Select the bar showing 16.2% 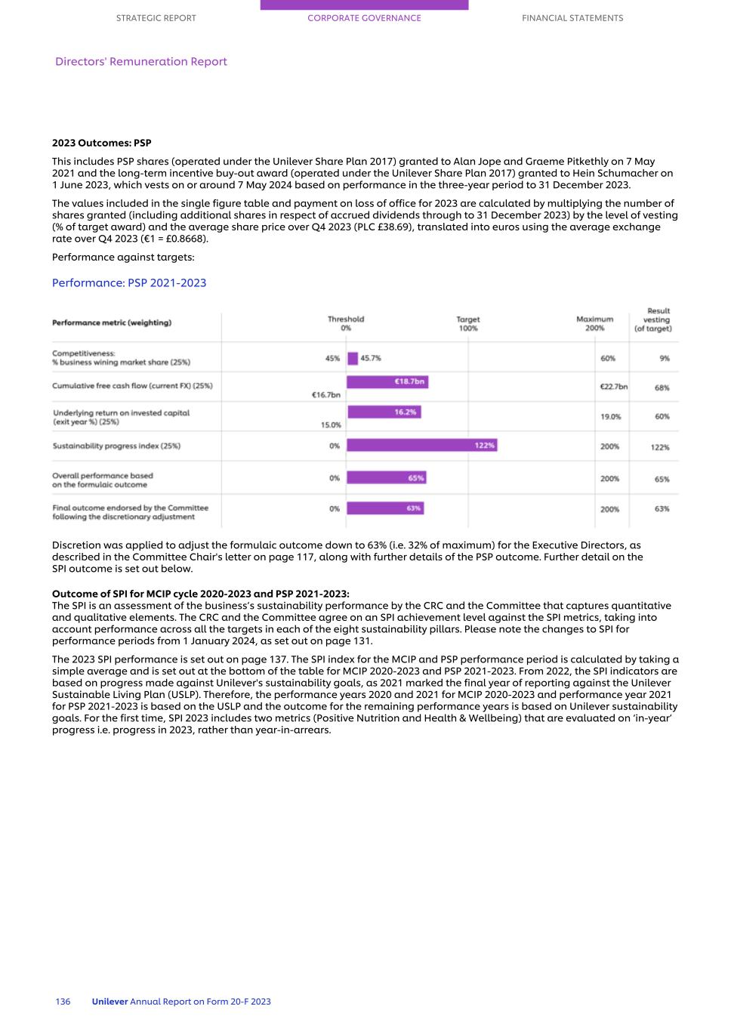pos(384,412)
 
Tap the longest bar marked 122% pos(421,446)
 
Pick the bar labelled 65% pos(386,478)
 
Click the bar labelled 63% pos(385,508)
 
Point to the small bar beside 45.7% pos(352,359)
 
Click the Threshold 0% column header pos(346,323)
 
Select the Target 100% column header pos(468,323)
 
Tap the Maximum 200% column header pos(594,323)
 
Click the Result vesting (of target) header pos(655,319)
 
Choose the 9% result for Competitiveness pos(664,359)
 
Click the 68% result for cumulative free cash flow pos(662,387)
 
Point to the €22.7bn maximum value pos(613,387)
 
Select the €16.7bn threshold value pos(325,394)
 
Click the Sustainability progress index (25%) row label pos(116,446)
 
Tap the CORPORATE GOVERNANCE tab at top pos(364,18)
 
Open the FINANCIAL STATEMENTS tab pos(572,18)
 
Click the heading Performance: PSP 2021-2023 pos(129,282)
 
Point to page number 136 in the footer pos(63,1002)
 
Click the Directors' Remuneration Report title pos(141,62)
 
